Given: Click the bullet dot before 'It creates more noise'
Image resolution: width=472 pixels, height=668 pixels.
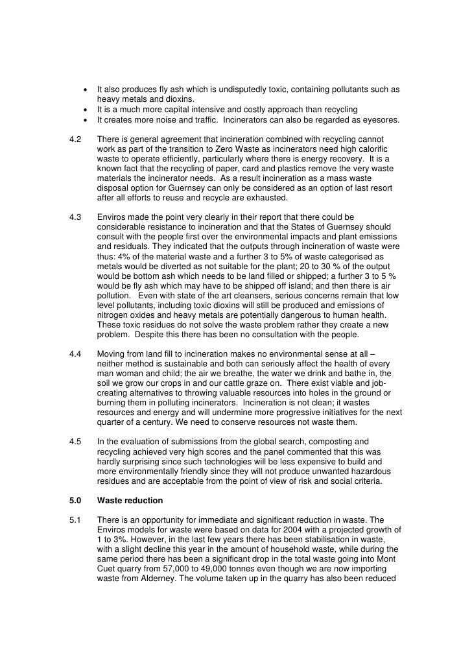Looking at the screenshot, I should click(x=86, y=120).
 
